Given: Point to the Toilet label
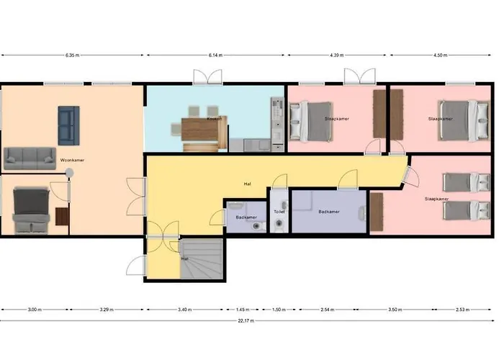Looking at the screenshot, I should [279, 212].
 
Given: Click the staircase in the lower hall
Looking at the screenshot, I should [202, 260].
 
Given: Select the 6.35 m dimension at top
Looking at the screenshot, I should [72, 55].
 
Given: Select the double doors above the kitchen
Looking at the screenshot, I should [204, 77].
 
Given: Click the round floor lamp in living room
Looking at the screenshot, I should [69, 172].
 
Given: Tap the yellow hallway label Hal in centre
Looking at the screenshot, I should [247, 184].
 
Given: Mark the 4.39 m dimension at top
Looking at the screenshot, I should [337, 55].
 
